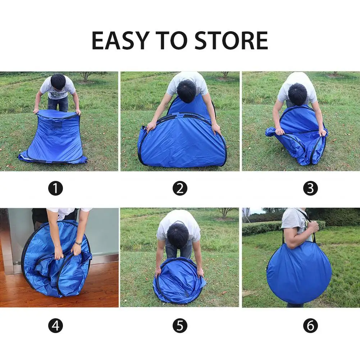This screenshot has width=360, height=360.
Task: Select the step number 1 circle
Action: (56, 188)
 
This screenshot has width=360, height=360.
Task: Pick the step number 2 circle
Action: (180, 188)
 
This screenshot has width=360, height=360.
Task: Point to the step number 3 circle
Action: (310, 188)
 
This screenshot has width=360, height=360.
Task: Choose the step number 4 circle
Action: (56, 325)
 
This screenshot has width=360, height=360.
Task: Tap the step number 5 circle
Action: (180, 325)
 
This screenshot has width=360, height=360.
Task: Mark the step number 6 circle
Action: (310, 325)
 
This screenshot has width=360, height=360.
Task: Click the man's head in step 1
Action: (58, 82)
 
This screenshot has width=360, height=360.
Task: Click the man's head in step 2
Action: (187, 91)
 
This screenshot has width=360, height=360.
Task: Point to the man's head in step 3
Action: (298, 94)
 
